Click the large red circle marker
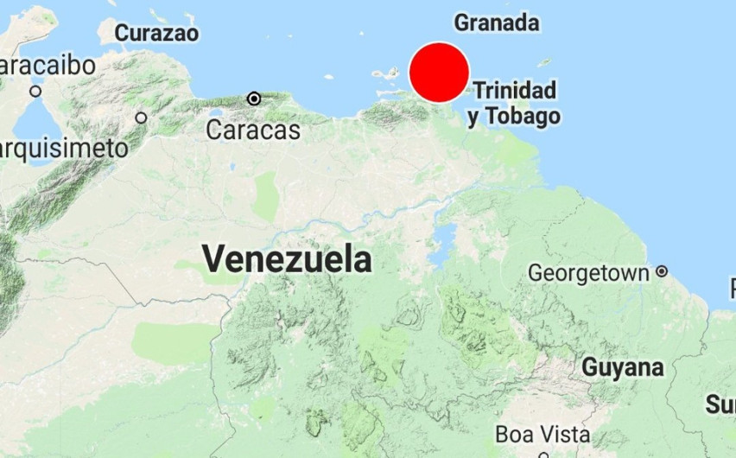tap(439, 73)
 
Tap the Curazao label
tap(156, 34)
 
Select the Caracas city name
tap(253, 130)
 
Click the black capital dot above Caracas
tap(254, 99)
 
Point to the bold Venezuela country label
tap(287, 258)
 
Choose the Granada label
tap(497, 22)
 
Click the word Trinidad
tap(515, 90)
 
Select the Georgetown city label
tap(588, 273)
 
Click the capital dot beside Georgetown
tap(662, 271)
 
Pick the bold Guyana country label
tap(623, 367)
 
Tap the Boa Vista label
tap(543, 433)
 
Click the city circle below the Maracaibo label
tap(35, 91)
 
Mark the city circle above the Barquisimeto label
tap(141, 118)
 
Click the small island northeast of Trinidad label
tap(543, 62)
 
